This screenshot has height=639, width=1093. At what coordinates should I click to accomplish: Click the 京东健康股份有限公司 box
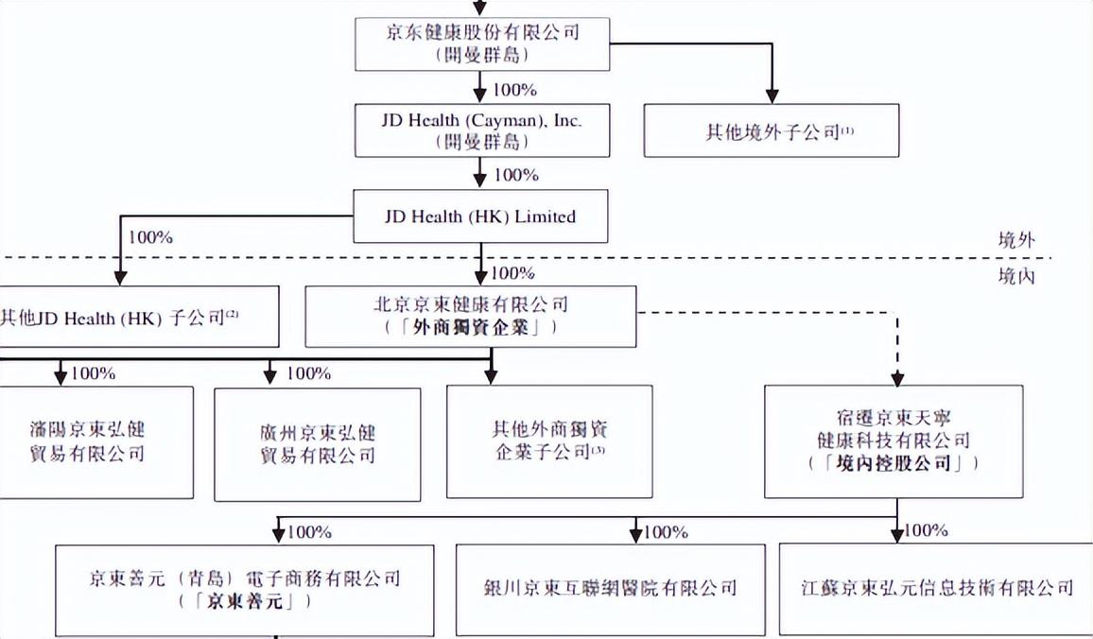[x=482, y=43]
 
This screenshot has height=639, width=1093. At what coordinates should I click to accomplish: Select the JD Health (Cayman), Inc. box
[x=482, y=130]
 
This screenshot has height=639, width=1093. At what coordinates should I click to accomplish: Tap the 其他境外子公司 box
[x=771, y=130]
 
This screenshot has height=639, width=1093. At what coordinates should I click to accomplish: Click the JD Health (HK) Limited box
[x=480, y=216]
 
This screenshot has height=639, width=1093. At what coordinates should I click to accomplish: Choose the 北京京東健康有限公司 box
[x=471, y=316]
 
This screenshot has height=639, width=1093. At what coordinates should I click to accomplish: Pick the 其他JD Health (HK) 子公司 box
[x=140, y=316]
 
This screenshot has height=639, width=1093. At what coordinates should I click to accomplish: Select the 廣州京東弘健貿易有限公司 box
[x=317, y=442]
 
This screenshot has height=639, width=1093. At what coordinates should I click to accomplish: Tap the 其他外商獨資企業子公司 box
[x=549, y=441]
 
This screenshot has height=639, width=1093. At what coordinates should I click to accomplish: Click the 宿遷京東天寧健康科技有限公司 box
[x=893, y=440]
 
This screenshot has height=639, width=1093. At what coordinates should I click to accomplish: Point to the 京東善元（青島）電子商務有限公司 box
[x=244, y=588]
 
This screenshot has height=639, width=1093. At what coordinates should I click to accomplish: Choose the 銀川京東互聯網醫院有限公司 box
[x=610, y=588]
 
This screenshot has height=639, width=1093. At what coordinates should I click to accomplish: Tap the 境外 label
[x=1016, y=240]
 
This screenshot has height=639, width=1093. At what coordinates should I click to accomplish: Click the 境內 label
[x=1016, y=276]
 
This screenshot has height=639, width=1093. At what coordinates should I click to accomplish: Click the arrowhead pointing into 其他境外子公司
[x=772, y=95]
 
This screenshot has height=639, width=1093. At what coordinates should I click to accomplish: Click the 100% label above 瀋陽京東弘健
[x=93, y=373]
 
